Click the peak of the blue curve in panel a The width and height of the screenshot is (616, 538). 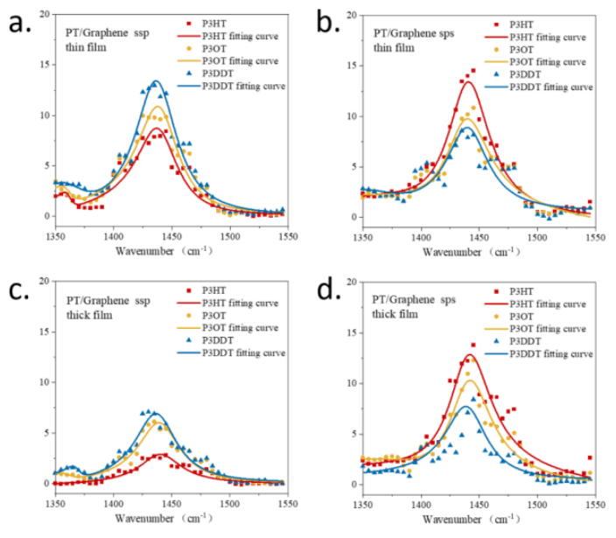(156, 81)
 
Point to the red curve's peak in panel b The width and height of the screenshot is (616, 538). (468, 81)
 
